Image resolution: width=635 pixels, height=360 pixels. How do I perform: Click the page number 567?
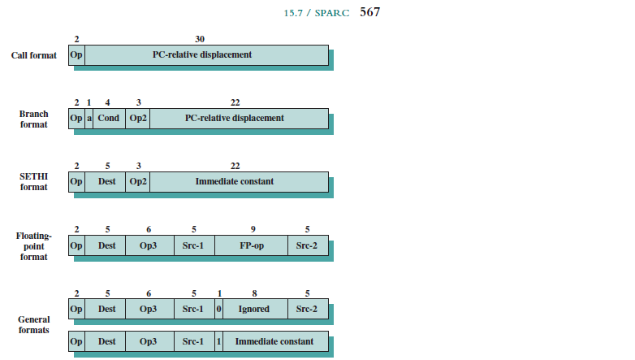click(x=370, y=12)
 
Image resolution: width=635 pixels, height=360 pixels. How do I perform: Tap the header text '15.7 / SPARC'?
click(x=318, y=13)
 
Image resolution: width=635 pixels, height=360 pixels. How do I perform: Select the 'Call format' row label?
click(x=33, y=55)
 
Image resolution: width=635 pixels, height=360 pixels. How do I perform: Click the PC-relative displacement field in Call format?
click(x=206, y=54)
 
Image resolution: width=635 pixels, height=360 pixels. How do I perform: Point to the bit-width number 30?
click(x=200, y=39)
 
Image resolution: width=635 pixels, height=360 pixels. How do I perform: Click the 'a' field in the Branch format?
click(x=89, y=118)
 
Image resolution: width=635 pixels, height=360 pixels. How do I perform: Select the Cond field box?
click(x=109, y=118)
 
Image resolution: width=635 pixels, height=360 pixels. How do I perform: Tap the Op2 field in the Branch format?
click(x=138, y=118)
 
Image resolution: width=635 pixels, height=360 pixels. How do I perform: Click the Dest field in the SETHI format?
click(x=106, y=181)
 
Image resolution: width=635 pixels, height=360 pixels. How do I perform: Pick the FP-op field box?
click(x=252, y=245)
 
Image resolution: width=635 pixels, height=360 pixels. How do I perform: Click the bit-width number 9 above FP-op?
click(x=253, y=229)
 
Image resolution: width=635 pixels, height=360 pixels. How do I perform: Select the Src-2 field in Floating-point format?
click(x=308, y=245)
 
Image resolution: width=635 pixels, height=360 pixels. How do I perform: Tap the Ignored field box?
click(x=255, y=309)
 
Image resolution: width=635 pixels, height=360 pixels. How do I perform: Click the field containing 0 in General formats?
click(x=218, y=309)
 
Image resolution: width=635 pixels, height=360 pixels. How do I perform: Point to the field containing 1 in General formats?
click(x=218, y=341)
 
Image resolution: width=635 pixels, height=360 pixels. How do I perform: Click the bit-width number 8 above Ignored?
click(x=254, y=293)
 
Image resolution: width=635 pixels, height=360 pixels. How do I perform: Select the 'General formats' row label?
click(x=33, y=325)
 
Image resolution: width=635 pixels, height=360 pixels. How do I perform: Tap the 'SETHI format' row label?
click(x=33, y=181)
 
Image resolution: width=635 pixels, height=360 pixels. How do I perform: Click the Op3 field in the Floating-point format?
click(x=149, y=245)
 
